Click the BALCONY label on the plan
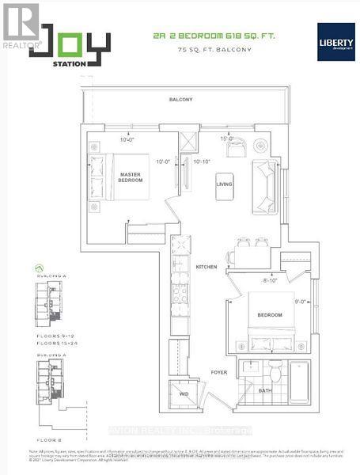point(180,100)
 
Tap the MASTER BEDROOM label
point(131,177)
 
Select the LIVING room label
point(224,184)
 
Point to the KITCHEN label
point(207,268)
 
